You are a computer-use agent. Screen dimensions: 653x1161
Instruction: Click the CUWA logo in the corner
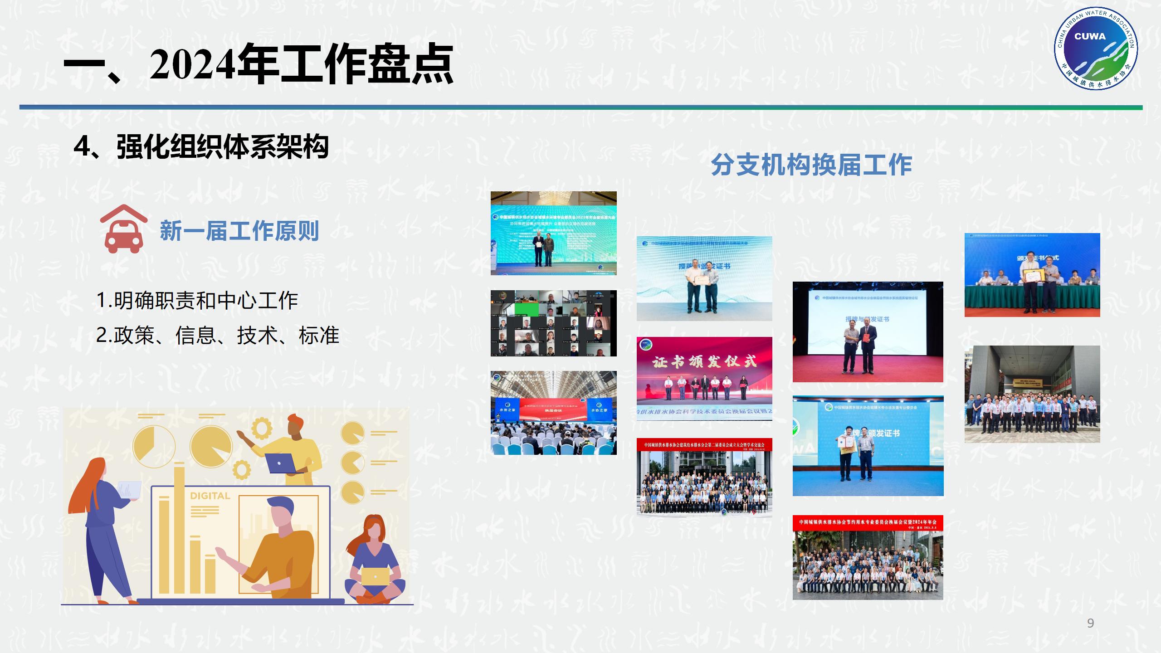coord(1095,48)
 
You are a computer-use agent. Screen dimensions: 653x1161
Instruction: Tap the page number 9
coord(1091,623)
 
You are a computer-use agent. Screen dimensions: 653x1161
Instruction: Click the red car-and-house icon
coord(123,229)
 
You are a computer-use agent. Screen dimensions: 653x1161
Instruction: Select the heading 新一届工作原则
coord(239,231)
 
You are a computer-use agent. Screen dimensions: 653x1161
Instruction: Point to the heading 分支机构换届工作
coord(811,165)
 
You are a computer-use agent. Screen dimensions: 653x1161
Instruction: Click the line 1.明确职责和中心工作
coord(197,301)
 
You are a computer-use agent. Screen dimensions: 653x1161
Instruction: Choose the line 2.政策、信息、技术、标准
coord(218,336)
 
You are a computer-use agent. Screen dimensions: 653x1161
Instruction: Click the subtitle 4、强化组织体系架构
coord(201,147)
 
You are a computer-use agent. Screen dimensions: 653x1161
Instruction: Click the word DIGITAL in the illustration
coord(210,496)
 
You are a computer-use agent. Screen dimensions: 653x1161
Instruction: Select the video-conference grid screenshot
coord(553,323)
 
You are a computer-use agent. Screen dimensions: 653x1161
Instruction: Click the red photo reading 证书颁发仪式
coord(704,378)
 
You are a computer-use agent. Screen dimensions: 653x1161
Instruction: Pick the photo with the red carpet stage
coord(868,332)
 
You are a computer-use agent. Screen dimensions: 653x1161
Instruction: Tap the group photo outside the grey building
coord(1032,394)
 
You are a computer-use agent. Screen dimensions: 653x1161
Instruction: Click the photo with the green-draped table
coord(1032,275)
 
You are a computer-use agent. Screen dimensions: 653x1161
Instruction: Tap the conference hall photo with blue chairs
coord(553,413)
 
